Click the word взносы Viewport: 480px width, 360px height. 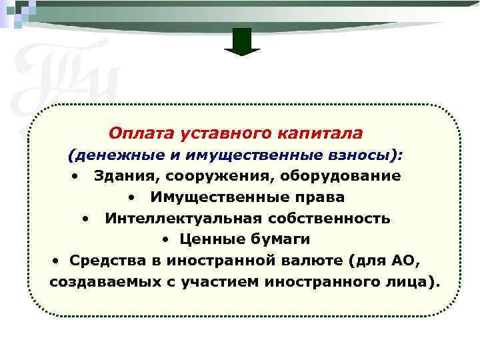pos(365,155)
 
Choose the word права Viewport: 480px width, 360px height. pos(319,197)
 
